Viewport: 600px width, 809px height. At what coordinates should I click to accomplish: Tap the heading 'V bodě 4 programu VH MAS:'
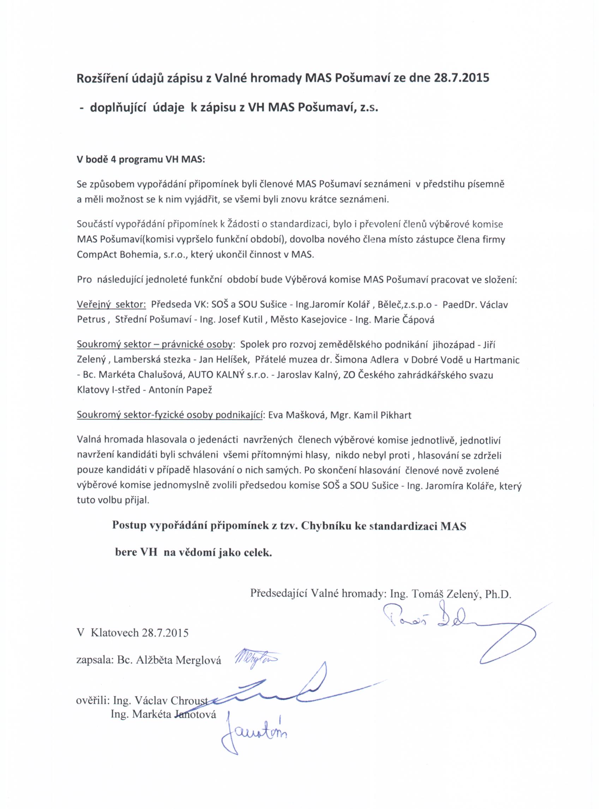click(x=140, y=160)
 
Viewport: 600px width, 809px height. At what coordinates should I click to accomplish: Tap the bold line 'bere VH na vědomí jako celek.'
click(x=193, y=552)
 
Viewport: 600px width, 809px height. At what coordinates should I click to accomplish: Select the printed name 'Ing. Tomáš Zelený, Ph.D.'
click(x=450, y=594)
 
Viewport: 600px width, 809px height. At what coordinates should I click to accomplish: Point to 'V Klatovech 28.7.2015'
click(x=133, y=633)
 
